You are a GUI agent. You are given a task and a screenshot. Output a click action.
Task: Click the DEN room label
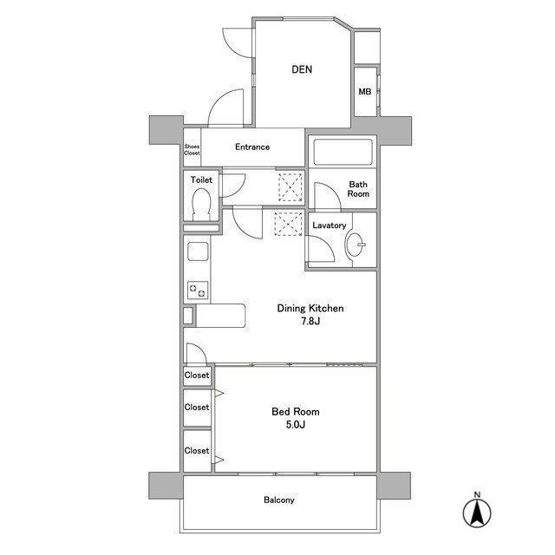coord(302,69)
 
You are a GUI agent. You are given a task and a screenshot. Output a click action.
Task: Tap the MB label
coord(365,92)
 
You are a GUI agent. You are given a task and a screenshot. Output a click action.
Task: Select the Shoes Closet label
coord(192,150)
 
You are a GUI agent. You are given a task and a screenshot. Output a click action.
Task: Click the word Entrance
coord(252,147)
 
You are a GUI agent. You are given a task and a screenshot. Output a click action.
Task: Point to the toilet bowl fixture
coord(201,205)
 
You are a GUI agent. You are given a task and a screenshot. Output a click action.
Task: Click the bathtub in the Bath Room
coord(343,153)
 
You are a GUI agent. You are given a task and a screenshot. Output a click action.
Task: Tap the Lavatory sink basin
coord(355,245)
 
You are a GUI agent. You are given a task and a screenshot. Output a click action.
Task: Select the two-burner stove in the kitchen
coord(198,291)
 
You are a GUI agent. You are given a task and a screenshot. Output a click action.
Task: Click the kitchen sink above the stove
coord(198,251)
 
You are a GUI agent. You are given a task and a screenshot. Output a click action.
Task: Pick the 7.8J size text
coord(310,321)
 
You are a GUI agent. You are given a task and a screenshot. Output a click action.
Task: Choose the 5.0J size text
coord(296,424)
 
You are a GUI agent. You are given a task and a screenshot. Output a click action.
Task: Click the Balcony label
coord(279,499)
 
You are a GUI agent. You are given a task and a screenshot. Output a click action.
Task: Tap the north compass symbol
coord(477,513)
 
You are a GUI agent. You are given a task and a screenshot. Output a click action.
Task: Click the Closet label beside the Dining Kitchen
coord(197,375)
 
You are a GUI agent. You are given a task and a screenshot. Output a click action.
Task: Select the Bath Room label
coord(358,189)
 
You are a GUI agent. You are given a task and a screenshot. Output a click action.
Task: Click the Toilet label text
coord(201,180)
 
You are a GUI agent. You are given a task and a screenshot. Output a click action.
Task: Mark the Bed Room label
coord(296,412)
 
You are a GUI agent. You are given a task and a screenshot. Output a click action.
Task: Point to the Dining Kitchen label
coord(310,309)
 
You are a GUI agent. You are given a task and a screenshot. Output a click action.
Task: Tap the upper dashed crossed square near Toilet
coord(291,187)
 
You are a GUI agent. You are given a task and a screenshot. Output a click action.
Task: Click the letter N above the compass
coord(478,494)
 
